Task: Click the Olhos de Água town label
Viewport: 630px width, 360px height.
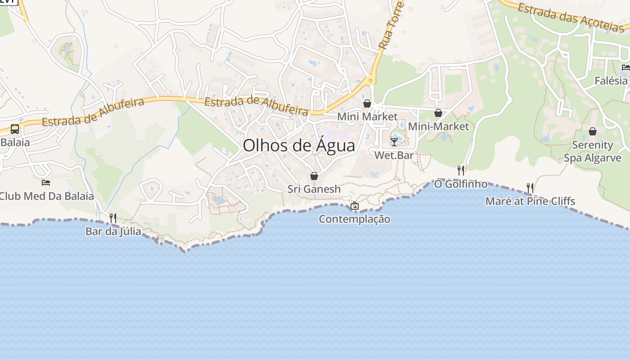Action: coord(299,145)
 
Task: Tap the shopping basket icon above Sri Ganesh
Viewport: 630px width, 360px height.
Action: coord(314,176)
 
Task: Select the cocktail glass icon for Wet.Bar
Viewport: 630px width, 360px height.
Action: coord(394,142)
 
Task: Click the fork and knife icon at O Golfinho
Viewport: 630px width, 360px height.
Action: coord(460,171)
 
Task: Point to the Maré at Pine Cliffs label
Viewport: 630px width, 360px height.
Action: coord(530,201)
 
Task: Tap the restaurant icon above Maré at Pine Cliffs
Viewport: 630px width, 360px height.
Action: coord(530,188)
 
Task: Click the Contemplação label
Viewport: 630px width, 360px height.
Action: coord(355,219)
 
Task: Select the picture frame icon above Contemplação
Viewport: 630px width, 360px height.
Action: coord(355,206)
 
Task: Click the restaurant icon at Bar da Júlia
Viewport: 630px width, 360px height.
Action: coord(113,218)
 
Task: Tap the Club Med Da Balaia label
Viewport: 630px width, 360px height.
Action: coord(46,196)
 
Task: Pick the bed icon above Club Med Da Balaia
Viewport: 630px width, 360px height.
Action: coord(46,182)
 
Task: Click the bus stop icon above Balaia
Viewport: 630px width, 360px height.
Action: coord(15,129)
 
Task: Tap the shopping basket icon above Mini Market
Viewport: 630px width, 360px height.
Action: coord(367,103)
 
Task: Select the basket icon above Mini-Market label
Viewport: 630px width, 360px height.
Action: coord(438,113)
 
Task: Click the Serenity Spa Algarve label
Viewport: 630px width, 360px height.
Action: coord(593,152)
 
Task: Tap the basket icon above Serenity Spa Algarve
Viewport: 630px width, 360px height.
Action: coord(593,131)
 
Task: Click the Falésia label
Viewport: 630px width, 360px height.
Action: coord(611,81)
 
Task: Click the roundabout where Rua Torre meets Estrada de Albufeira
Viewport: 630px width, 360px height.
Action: coord(371,81)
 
